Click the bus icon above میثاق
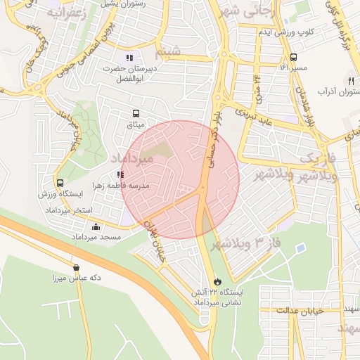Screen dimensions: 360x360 point(135,112)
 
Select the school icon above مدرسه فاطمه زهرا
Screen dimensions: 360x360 point(120,174)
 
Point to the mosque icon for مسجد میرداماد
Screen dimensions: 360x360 point(96,226)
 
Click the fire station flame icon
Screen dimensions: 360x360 point(217,281)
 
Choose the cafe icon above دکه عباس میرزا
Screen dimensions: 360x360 point(76,266)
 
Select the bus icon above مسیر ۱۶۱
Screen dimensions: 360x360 point(292,58)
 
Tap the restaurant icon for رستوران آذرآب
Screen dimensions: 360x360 point(349,81)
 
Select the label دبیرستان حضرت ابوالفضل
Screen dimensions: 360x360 point(128,74)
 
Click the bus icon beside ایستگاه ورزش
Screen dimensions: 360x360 point(60,184)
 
